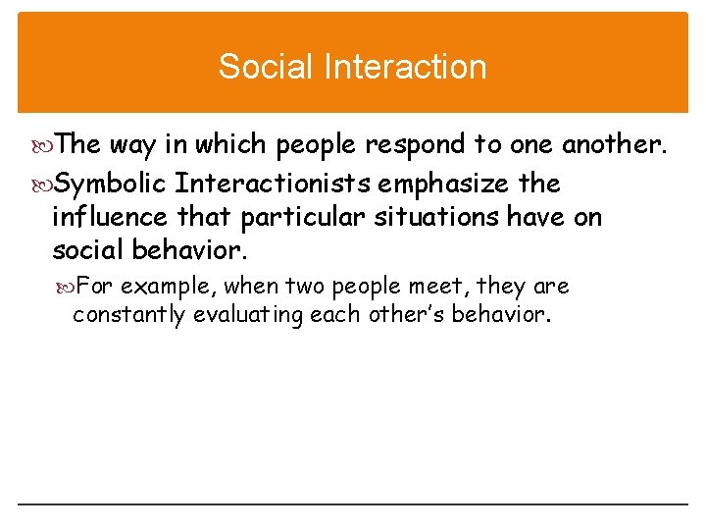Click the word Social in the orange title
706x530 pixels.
(x=258, y=67)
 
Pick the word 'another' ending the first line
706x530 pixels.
(x=614, y=145)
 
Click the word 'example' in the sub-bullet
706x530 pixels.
(x=173, y=287)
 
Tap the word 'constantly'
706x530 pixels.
(x=128, y=315)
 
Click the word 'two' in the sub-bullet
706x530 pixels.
(x=304, y=287)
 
